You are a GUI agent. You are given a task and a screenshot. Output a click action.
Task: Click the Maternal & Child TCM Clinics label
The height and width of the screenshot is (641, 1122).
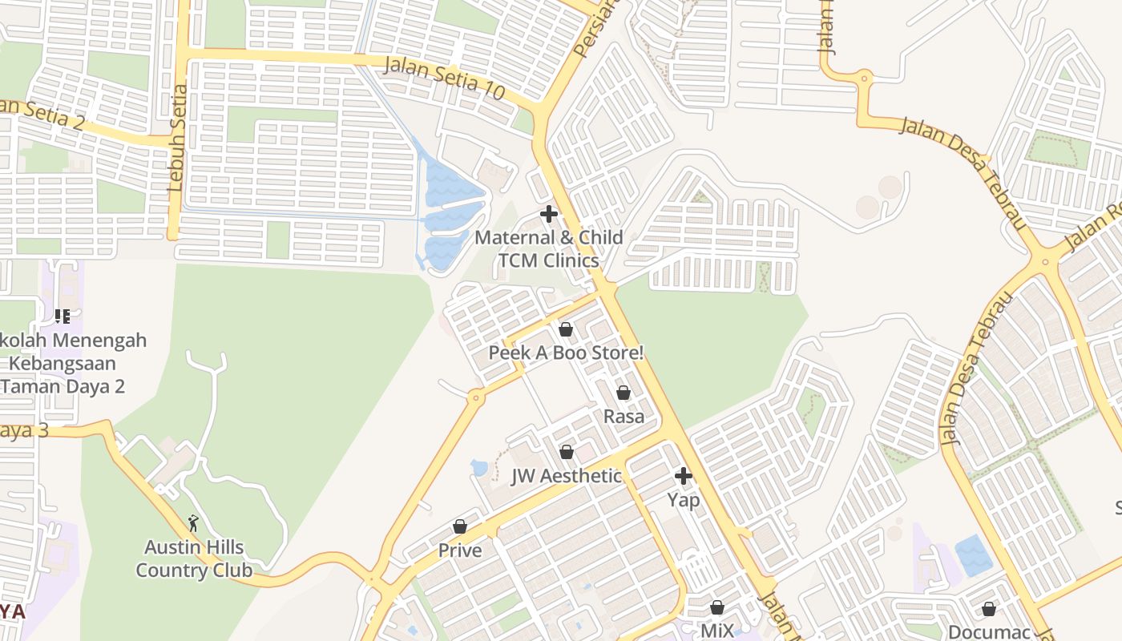(549, 249)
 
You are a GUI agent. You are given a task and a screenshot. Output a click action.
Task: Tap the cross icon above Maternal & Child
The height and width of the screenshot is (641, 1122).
(549, 214)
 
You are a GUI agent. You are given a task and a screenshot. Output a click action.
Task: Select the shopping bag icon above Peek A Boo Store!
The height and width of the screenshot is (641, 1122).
(566, 329)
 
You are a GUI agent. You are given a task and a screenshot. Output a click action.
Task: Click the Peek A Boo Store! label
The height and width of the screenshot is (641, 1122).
(566, 353)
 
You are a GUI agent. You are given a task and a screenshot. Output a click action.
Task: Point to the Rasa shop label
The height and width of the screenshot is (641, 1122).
(624, 417)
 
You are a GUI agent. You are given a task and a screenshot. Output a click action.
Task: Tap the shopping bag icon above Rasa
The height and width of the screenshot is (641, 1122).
(624, 393)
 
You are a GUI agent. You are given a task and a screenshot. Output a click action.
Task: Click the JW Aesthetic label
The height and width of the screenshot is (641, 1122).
(567, 476)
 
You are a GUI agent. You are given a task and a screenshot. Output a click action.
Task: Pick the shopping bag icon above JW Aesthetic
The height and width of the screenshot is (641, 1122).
(567, 452)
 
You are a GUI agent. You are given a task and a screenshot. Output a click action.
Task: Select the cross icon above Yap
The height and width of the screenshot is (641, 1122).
(684, 477)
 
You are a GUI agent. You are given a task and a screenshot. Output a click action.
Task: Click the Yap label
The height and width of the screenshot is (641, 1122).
(684, 501)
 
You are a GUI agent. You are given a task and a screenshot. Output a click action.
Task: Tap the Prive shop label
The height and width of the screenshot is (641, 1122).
(460, 550)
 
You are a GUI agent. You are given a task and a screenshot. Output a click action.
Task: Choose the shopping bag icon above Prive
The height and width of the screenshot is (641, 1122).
(460, 526)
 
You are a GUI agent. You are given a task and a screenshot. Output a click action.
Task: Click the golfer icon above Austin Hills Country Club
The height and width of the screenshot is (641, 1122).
(193, 523)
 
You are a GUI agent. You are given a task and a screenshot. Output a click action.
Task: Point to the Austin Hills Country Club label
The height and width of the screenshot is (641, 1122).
(194, 559)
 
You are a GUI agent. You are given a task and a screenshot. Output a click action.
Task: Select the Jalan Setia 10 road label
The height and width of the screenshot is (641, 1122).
(445, 77)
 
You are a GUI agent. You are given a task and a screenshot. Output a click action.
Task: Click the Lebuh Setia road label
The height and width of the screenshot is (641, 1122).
(177, 138)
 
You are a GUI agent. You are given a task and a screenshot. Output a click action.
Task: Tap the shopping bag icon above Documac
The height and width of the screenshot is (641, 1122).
(989, 609)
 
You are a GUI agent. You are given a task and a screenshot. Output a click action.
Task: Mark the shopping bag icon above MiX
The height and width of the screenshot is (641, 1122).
(717, 607)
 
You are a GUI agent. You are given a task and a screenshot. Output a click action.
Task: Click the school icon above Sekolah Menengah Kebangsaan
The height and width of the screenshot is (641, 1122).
(63, 316)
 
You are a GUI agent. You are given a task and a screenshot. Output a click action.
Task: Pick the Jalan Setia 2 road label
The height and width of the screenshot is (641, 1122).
(44, 113)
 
